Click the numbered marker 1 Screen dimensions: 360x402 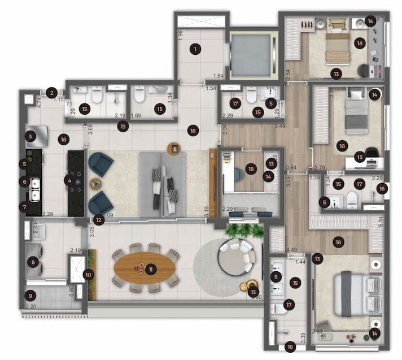195,49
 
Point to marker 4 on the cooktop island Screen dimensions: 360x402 69,181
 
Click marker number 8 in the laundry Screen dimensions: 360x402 33,262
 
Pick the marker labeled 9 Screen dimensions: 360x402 30,296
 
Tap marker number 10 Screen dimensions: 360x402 88,275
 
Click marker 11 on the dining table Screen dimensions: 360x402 151,270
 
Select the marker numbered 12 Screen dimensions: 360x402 99,220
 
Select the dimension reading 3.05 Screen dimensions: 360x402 91,231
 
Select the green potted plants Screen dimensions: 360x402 244,230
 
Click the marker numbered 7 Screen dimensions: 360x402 23,207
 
